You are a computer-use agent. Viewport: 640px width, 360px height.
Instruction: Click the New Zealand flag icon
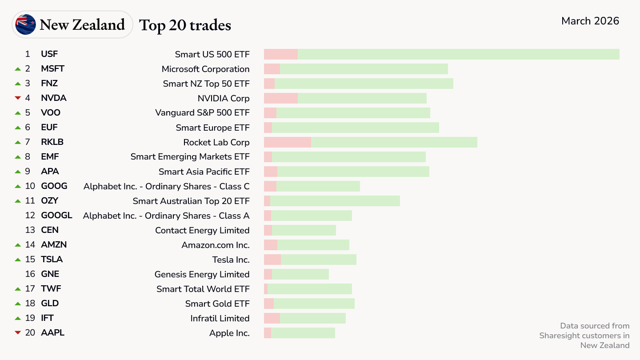pyautogui.click(x=25, y=24)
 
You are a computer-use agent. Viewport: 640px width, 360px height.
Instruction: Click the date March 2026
pyautogui.click(x=590, y=21)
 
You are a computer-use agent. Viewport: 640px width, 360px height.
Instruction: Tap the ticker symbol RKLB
pyautogui.click(x=52, y=142)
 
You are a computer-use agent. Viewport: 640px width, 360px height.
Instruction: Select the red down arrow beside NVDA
pyautogui.click(x=18, y=98)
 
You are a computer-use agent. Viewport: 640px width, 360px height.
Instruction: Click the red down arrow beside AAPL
pyautogui.click(x=18, y=333)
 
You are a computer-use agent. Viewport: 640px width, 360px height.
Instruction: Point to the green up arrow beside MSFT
pyautogui.click(x=18, y=69)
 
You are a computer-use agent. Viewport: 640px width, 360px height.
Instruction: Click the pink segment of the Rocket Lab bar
pyautogui.click(x=287, y=142)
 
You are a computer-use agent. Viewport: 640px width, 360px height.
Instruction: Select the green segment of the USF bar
pyautogui.click(x=458, y=54)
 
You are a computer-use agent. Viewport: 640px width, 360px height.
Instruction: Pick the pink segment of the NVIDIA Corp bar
pyautogui.click(x=280, y=98)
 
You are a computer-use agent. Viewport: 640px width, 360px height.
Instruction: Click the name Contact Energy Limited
pyautogui.click(x=202, y=230)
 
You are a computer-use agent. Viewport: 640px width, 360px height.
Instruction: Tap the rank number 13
pyautogui.click(x=30, y=230)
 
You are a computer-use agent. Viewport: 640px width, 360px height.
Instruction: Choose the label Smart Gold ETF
pyautogui.click(x=217, y=304)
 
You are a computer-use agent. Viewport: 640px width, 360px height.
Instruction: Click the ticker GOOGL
pyautogui.click(x=56, y=216)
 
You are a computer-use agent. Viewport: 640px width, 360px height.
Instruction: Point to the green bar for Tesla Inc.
pyautogui.click(x=318, y=260)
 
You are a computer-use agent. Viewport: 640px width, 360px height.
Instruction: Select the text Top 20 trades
pyautogui.click(x=185, y=25)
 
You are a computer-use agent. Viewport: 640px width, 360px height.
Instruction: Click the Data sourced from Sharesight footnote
pyautogui.click(x=584, y=336)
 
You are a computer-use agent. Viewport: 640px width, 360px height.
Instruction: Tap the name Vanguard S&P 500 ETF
pyautogui.click(x=202, y=113)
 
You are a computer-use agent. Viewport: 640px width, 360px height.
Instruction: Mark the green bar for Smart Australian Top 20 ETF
pyautogui.click(x=335, y=201)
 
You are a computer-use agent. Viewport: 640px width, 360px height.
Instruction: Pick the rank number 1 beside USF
pyautogui.click(x=28, y=54)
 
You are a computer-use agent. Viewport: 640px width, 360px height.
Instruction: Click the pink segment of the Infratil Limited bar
pyautogui.click(x=272, y=318)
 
